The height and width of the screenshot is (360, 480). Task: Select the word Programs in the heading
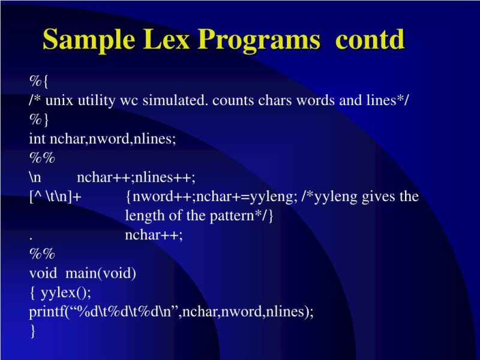[x=260, y=40]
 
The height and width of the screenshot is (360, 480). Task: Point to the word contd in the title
[x=370, y=40]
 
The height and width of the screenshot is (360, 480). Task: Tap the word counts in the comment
[x=235, y=100]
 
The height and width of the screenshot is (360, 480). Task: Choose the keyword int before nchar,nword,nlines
[x=38, y=139]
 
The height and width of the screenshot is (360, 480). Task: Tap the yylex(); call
[x=65, y=293]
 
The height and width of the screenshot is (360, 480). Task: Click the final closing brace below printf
[x=32, y=331]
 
